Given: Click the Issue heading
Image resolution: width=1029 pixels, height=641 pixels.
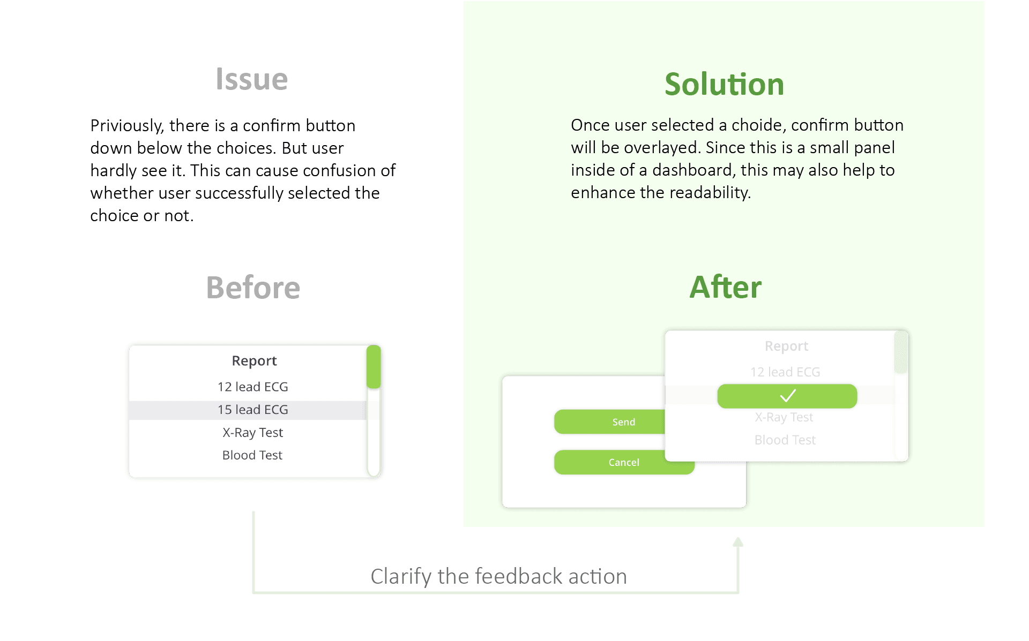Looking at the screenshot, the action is click(252, 79).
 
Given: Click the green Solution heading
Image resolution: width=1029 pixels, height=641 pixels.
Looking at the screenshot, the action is click(724, 85).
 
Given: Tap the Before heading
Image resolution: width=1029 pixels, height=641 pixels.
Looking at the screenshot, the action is click(253, 288).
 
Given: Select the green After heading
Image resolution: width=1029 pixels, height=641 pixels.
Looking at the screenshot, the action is click(725, 287).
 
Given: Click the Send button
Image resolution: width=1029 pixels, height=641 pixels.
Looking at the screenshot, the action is click(611, 422).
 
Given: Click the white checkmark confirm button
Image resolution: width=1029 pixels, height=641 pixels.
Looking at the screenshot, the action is click(787, 396).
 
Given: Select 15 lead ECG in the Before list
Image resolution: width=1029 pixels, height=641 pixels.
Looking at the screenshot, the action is click(252, 410).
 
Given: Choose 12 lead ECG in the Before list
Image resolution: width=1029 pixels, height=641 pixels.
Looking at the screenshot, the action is click(252, 387).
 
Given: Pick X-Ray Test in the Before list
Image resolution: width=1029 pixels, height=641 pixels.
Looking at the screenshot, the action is click(252, 432).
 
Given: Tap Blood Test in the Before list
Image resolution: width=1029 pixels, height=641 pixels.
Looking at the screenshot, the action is click(252, 455).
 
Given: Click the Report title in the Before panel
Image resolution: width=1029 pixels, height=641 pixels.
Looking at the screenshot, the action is click(254, 361).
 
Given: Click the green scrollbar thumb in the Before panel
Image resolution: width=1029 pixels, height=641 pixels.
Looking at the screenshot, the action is click(374, 367).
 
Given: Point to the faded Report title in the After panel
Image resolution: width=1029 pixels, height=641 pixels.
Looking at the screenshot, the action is click(786, 346).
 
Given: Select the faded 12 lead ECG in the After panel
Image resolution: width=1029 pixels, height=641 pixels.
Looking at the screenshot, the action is click(785, 372).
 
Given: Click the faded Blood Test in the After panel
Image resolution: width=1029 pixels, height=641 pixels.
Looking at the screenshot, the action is click(785, 440).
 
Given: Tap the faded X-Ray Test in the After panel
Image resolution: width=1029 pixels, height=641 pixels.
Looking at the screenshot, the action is click(784, 418).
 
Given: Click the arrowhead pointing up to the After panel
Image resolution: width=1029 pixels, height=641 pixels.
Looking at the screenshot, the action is click(738, 542).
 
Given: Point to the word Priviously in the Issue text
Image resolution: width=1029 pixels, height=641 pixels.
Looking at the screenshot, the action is click(126, 126).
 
